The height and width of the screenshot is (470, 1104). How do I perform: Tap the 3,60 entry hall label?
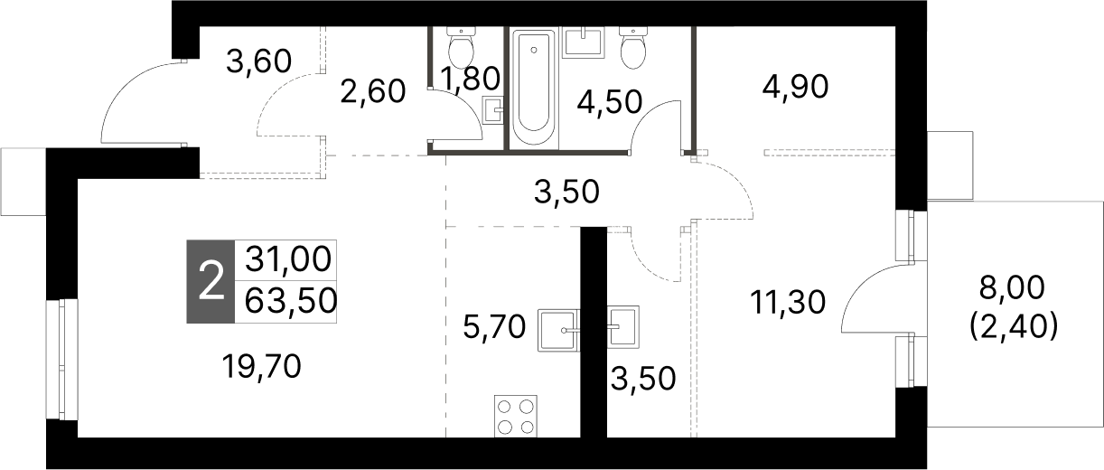click(x=258, y=62)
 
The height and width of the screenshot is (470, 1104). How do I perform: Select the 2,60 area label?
click(x=372, y=90)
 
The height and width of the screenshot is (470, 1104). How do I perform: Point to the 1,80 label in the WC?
click(x=468, y=80)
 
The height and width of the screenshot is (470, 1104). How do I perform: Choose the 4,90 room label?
click(x=796, y=87)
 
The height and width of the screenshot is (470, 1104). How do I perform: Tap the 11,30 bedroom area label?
click(x=787, y=300)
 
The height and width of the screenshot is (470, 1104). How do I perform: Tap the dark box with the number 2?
click(x=210, y=282)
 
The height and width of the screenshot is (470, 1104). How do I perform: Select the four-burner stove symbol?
click(x=515, y=417)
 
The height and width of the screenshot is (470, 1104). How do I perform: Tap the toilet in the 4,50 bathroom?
click(x=633, y=47)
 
